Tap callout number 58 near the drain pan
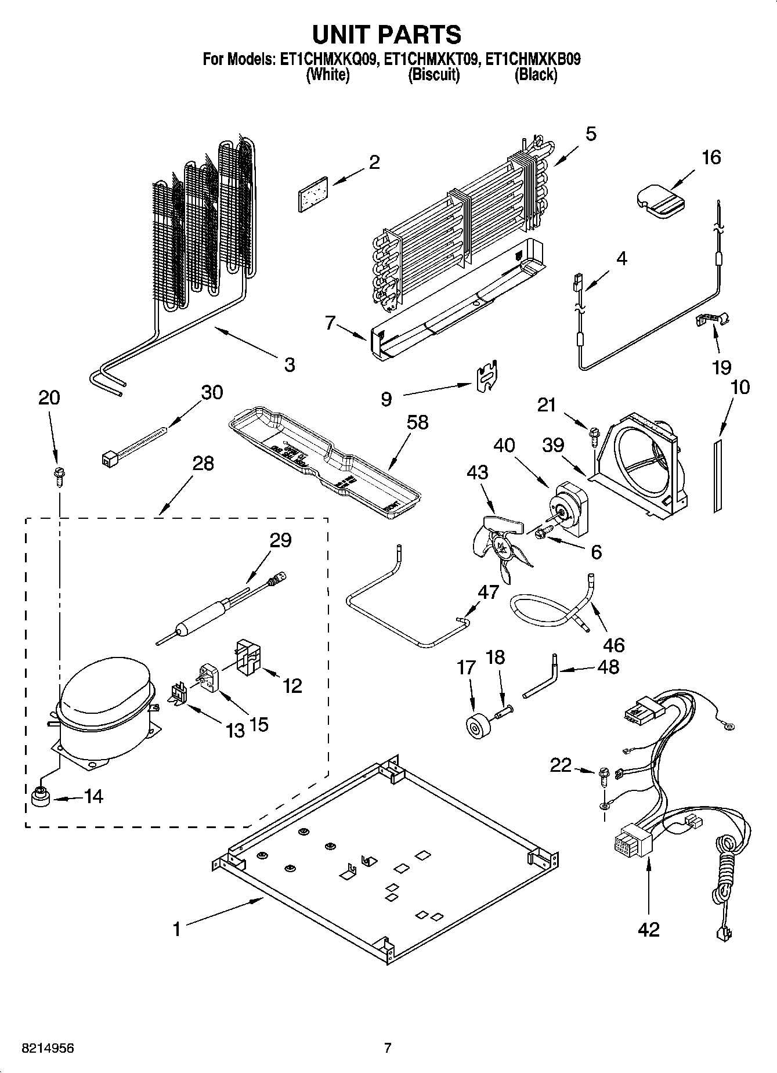417,422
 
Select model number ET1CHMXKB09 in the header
533,59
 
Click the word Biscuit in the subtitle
433,75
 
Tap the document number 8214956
48,1048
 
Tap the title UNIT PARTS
387,34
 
